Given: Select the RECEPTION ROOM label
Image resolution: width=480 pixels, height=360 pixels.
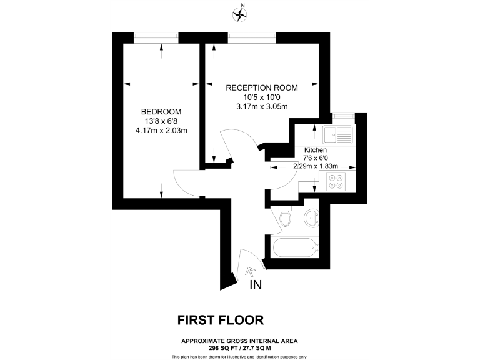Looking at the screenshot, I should tap(262, 87).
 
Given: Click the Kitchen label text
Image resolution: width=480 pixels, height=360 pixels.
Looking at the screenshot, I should tap(316, 151).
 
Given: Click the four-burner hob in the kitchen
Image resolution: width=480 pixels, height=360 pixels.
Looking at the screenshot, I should tap(336, 181).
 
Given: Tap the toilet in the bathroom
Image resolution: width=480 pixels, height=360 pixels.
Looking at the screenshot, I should tap(286, 217).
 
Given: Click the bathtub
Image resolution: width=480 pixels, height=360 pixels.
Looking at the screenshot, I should tap(294, 248).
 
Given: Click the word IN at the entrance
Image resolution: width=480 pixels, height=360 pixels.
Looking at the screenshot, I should tap(255, 286).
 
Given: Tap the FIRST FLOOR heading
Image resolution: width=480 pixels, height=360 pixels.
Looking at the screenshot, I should tap(221, 320).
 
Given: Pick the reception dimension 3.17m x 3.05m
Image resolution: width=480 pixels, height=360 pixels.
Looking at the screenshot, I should tap(262, 106).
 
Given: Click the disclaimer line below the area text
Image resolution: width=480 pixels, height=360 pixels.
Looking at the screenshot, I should tap(239, 356).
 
